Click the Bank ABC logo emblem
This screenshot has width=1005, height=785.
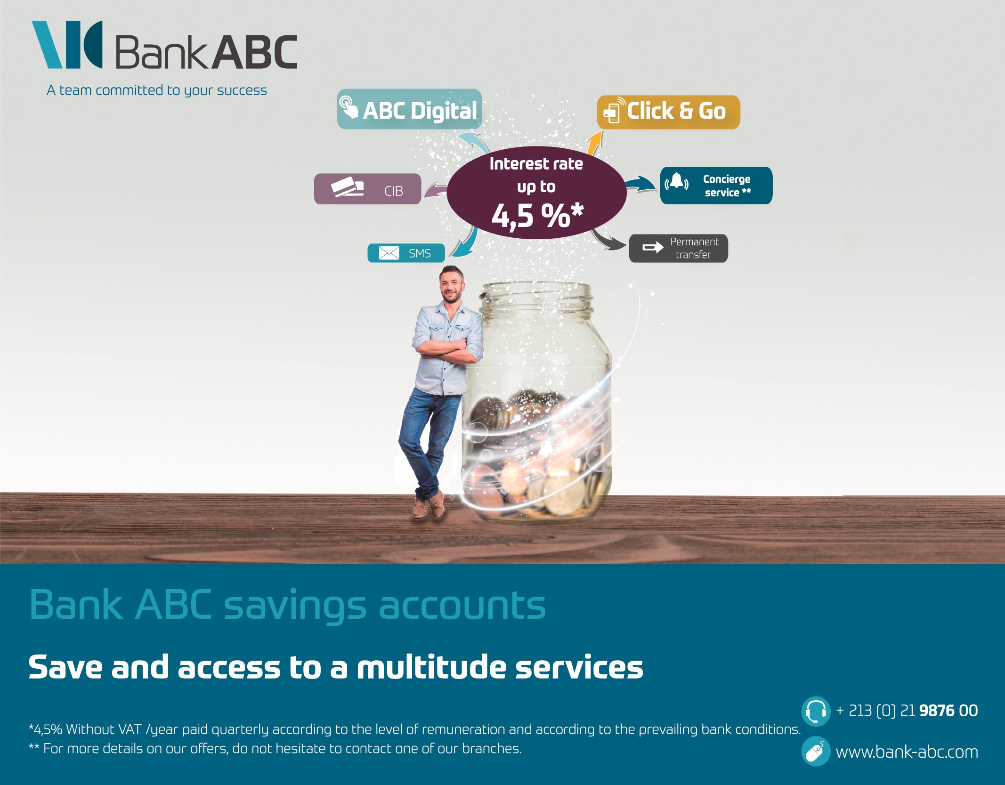pos(67,44)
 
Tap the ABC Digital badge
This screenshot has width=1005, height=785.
pos(409,109)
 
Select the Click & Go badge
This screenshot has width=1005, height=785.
pos(668,112)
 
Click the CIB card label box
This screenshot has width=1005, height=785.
pos(367,189)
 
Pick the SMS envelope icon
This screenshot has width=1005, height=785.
pos(389,253)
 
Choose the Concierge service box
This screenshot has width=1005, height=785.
pos(716,186)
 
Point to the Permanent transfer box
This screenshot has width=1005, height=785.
pos(678,248)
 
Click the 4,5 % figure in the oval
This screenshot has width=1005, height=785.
pos(537,216)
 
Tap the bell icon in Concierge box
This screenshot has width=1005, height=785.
pos(677,181)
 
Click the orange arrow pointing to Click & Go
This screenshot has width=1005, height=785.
pos(595,143)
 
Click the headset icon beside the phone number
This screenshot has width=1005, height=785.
pos(816,711)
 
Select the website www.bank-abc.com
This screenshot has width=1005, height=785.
pos(907,752)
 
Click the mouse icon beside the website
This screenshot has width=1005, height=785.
pos(816,751)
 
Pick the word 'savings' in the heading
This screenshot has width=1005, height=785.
pos(295,607)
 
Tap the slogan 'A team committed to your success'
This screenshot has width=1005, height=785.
pos(157,90)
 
